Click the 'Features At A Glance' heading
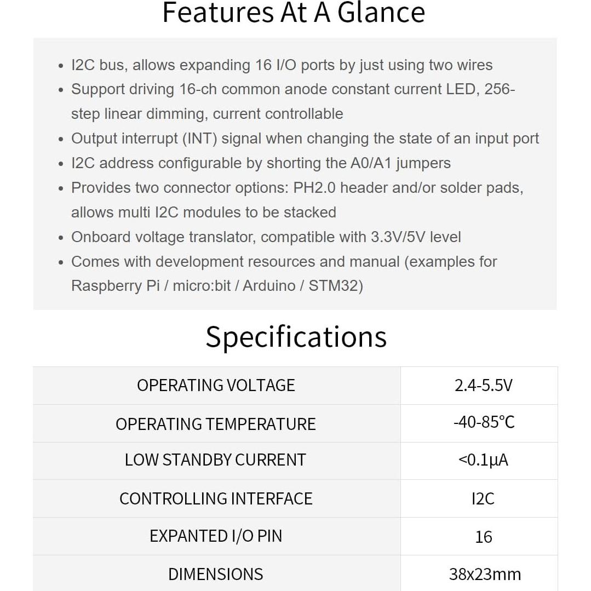[x=294, y=13]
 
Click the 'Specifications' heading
[x=296, y=337]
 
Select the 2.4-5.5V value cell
[x=483, y=386]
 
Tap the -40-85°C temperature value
[x=484, y=423]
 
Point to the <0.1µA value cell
[x=483, y=460]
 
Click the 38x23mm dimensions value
[x=485, y=574]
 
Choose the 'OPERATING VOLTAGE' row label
[x=216, y=386]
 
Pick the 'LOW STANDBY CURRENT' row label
[x=215, y=460]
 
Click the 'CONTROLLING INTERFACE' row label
[x=216, y=498]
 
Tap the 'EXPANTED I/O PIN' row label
[x=216, y=536]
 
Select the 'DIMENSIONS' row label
[x=216, y=574]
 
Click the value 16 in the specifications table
[x=484, y=537]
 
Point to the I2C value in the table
[x=483, y=498]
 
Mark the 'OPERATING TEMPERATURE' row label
[x=216, y=424]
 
